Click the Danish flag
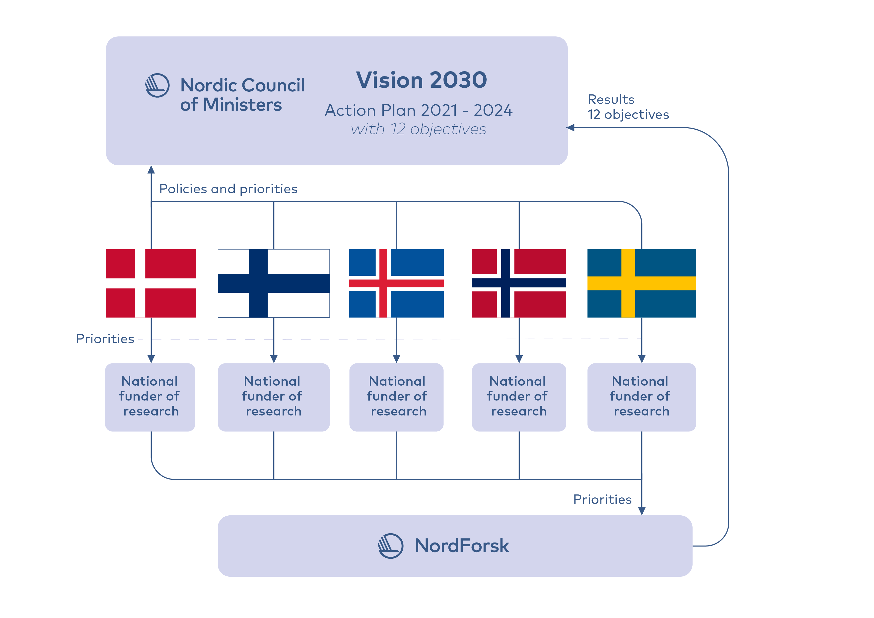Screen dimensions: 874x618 [151, 283]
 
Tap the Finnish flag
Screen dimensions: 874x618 [274, 283]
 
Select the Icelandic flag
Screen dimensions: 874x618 [396, 283]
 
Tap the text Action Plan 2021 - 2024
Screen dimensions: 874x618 [419, 110]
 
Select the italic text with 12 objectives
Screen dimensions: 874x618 [419, 129]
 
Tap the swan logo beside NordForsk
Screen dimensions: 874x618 [391, 546]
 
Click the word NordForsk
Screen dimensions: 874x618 [462, 546]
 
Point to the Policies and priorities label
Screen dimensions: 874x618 [228, 189]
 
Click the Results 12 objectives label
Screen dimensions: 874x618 [628, 107]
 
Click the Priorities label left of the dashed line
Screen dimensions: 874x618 [105, 339]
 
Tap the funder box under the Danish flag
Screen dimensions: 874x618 [150, 397]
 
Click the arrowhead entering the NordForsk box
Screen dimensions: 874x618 [642, 511]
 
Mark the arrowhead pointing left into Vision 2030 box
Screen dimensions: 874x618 [570, 128]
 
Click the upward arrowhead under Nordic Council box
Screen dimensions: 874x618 [151, 169]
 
